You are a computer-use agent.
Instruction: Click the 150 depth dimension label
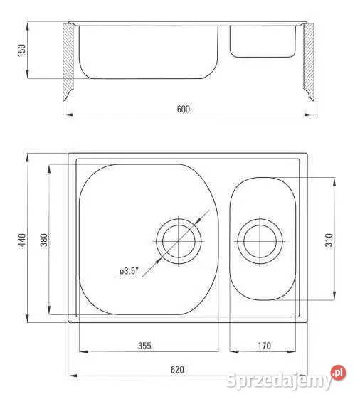[22, 51]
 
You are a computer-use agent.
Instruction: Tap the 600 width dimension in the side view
[184, 110]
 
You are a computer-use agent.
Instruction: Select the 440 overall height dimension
[23, 240]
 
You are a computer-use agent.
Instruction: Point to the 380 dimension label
[44, 240]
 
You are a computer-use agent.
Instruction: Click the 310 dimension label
[329, 240]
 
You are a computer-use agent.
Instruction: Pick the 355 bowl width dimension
[144, 346]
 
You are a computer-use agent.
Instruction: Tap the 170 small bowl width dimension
[265, 346]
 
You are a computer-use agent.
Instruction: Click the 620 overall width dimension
[177, 370]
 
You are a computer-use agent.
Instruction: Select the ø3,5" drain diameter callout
[129, 271]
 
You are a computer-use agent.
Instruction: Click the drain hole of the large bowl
[179, 241]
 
